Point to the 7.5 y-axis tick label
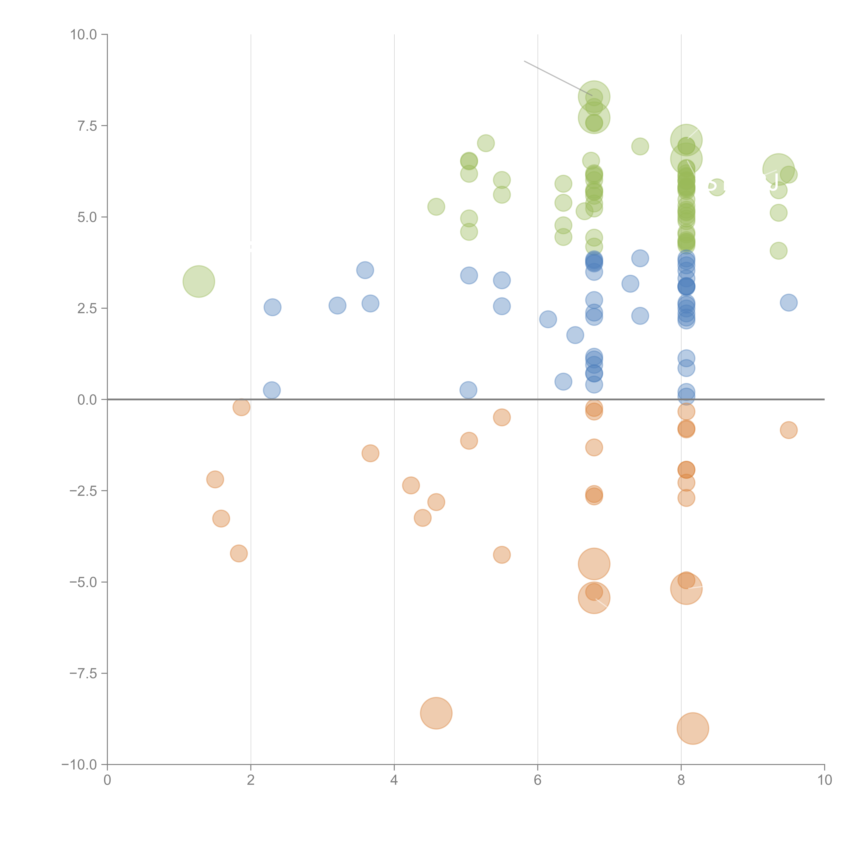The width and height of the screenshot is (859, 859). [x=87, y=126]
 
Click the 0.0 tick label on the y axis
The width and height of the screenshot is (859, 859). [x=87, y=400]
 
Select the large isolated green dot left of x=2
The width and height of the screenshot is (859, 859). [x=199, y=281]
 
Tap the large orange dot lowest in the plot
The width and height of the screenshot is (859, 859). [x=693, y=728]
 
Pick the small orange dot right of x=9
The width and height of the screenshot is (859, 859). [x=788, y=430]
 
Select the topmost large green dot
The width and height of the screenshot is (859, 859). [x=594, y=97]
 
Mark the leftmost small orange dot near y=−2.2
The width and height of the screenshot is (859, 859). [x=215, y=479]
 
